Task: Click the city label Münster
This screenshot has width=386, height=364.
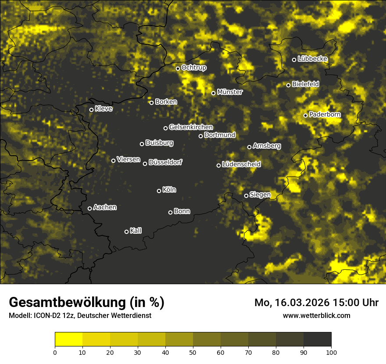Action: click(230, 92)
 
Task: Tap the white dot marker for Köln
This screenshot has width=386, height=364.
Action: click(159, 191)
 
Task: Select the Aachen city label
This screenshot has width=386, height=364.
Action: click(105, 207)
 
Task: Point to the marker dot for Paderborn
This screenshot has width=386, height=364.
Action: click(305, 115)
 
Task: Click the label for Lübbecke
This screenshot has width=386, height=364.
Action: click(312, 59)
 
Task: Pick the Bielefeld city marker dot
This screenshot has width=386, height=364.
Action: click(288, 85)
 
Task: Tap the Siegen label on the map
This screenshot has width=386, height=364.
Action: click(260, 195)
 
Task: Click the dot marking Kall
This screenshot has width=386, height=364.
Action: click(126, 232)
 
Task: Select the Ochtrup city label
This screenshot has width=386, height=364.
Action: click(194, 68)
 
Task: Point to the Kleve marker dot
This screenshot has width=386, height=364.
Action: click(91, 110)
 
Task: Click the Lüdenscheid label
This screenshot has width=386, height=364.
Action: click(241, 164)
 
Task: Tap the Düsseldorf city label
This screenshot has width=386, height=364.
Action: click(165, 163)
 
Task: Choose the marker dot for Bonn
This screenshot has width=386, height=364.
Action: click(170, 212)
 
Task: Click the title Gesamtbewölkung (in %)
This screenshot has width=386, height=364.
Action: click(86, 303)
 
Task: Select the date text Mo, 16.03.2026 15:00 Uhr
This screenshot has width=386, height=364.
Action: click(316, 303)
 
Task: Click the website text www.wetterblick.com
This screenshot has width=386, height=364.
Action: click(316, 315)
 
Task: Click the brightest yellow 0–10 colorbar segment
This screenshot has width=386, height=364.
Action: click(69, 339)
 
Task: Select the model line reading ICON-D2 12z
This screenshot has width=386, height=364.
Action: click(80, 316)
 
